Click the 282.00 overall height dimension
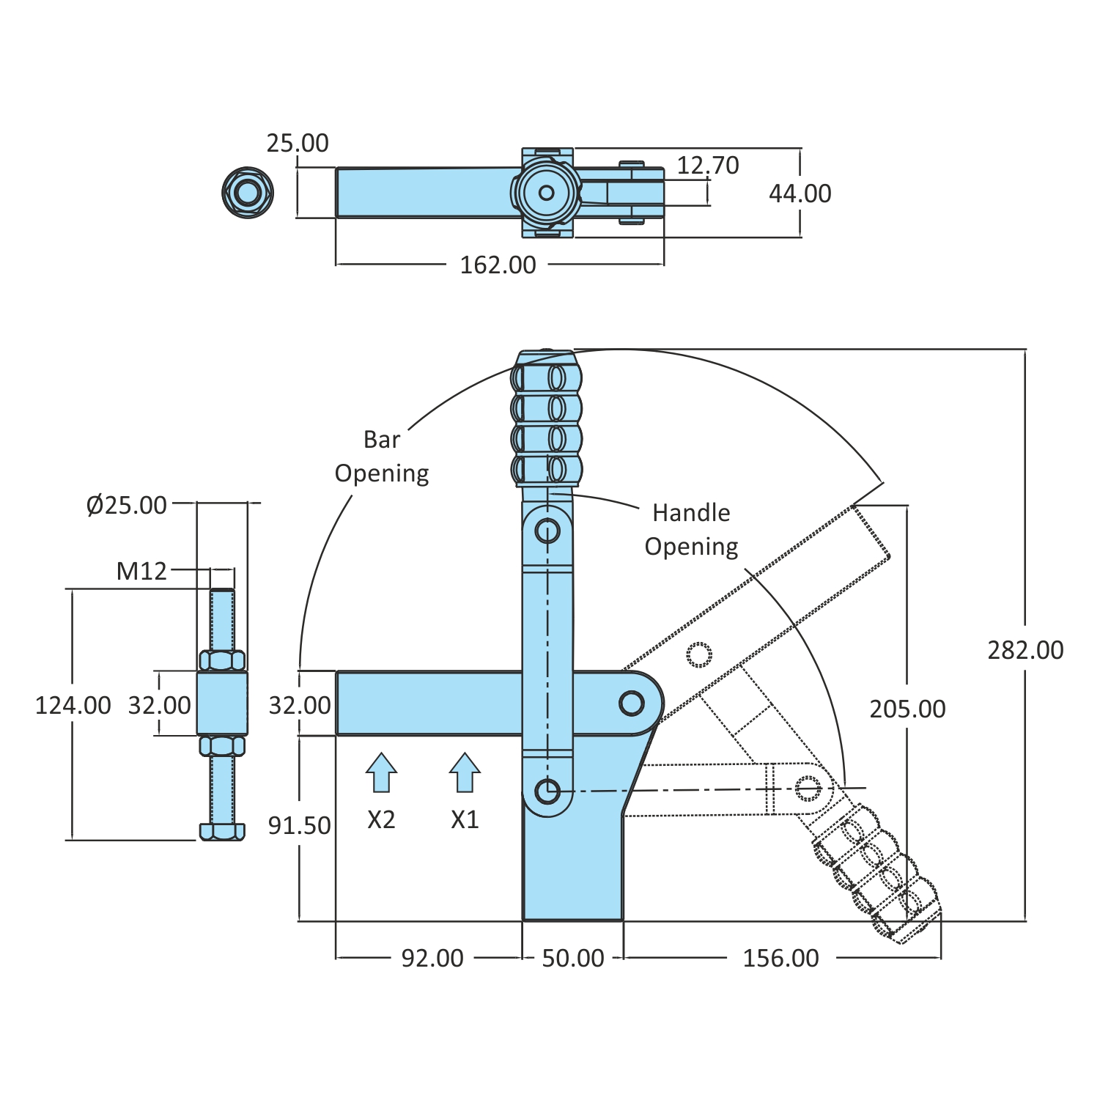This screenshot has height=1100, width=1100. click(1025, 650)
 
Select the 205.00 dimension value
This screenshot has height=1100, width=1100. click(907, 709)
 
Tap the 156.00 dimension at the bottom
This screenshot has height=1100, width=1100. click(780, 958)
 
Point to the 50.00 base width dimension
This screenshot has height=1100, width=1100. click(572, 958)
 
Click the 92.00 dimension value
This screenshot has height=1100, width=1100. click(432, 958)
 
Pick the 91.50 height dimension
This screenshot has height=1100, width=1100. click(299, 825)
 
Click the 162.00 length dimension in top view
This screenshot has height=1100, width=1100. click(498, 265)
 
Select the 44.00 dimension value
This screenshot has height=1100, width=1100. click(800, 193)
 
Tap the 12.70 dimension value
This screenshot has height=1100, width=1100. click(707, 166)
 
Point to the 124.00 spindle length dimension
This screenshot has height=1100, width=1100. click(73, 705)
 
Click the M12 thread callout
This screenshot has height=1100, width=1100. click(141, 571)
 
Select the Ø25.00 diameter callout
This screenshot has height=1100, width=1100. click(127, 505)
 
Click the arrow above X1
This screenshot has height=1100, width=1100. click(465, 773)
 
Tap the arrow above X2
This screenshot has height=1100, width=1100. click(381, 773)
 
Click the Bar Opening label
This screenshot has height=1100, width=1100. click(381, 457)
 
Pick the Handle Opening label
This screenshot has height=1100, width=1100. click(690, 529)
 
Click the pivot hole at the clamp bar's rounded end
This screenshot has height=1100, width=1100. click(631, 703)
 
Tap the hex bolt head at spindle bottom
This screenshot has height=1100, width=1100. click(222, 831)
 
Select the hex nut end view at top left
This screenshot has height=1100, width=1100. click(248, 193)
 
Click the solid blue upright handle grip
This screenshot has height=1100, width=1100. click(547, 419)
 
